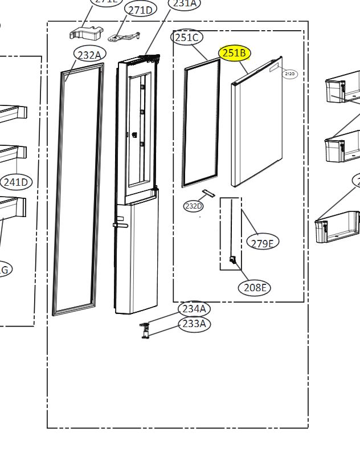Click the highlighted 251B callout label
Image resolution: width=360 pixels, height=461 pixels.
point(235,53)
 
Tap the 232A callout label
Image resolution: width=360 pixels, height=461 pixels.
point(89,55)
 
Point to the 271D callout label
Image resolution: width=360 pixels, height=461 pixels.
point(141,10)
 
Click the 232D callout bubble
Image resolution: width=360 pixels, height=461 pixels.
point(193,206)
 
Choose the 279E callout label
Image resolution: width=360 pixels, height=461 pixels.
point(263,242)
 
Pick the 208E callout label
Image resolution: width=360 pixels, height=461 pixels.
point(254,288)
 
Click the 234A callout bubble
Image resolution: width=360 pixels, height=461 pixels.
point(194,309)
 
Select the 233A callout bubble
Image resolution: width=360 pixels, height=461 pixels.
point(194,324)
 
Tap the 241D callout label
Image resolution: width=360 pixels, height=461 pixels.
point(15,182)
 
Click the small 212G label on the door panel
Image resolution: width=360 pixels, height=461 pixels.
point(290,74)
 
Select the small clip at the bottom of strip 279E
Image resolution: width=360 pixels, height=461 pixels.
point(232,260)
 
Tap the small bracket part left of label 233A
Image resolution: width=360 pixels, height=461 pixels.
point(145,330)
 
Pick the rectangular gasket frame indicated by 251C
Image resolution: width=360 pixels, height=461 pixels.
point(201,123)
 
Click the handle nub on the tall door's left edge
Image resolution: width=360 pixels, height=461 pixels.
point(119,225)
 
